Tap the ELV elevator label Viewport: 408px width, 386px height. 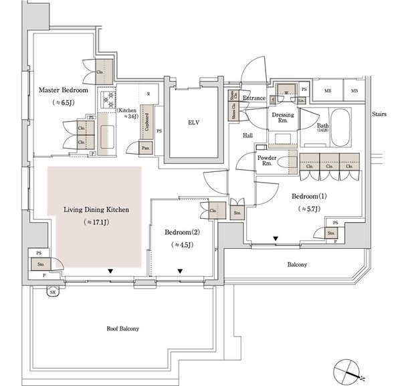tap(194, 122)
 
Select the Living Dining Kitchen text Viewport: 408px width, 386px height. tap(96, 210)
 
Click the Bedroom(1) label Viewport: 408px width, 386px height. tap(308, 197)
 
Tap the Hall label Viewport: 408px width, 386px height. tap(247, 134)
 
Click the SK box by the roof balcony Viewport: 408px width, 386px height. tap(53, 292)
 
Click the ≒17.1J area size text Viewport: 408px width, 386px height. tap(96, 221)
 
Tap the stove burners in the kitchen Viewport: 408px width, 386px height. tap(107, 101)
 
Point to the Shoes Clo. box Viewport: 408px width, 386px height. tap(235, 106)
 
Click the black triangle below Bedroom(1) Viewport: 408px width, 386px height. tap(276, 239)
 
